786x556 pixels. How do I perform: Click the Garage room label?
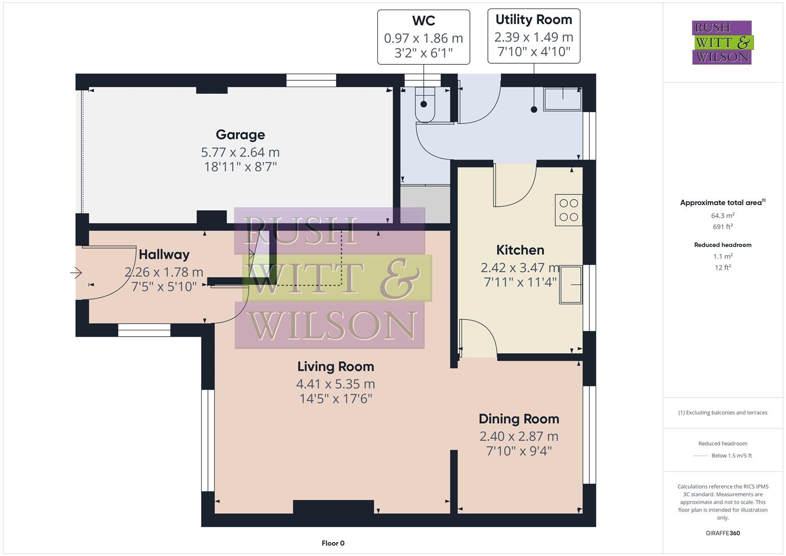tap(240, 135)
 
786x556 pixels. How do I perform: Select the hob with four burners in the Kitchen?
tap(568, 210)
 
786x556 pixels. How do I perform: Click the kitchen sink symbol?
tap(570, 284)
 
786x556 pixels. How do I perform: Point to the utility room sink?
tap(563, 98)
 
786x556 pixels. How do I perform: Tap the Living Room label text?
tap(336, 367)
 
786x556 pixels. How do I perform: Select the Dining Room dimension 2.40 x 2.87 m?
tap(519, 436)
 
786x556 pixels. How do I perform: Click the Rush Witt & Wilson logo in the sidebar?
tap(722, 43)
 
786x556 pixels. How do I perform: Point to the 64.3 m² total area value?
tap(723, 216)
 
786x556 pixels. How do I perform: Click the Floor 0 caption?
tap(333, 543)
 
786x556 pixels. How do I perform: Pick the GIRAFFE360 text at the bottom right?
tap(723, 533)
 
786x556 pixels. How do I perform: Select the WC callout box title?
tap(424, 21)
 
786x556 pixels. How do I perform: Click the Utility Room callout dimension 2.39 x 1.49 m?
tap(534, 37)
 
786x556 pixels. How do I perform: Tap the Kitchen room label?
tap(520, 250)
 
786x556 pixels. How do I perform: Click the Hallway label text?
tap(164, 254)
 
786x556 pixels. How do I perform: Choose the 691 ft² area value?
tap(723, 227)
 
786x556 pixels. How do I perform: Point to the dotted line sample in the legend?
tap(701, 456)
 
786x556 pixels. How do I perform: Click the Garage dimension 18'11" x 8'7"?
tap(240, 167)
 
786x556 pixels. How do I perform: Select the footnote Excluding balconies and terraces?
tap(723, 412)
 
